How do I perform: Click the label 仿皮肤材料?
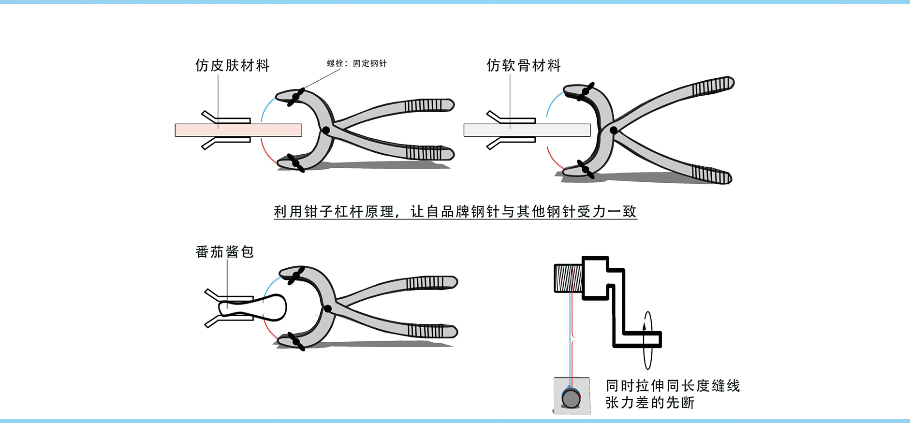click(x=232, y=65)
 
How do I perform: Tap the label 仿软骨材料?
click(x=524, y=65)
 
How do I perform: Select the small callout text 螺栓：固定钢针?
click(x=357, y=63)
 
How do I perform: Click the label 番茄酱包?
click(x=224, y=252)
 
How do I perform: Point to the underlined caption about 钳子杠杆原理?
click(x=455, y=212)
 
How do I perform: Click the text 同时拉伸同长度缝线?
click(x=673, y=386)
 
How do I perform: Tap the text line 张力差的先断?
click(x=650, y=403)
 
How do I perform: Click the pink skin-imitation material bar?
click(x=238, y=130)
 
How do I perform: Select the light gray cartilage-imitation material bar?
click(x=527, y=130)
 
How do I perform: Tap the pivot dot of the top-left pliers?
click(x=326, y=130)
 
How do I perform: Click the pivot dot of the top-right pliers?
click(x=614, y=130)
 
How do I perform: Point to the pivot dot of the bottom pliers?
click(x=328, y=308)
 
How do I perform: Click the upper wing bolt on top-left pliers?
click(x=295, y=97)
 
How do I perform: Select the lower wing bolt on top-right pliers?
click(x=586, y=170)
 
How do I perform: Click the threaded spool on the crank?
click(x=568, y=278)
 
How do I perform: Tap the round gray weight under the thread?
click(x=571, y=398)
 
